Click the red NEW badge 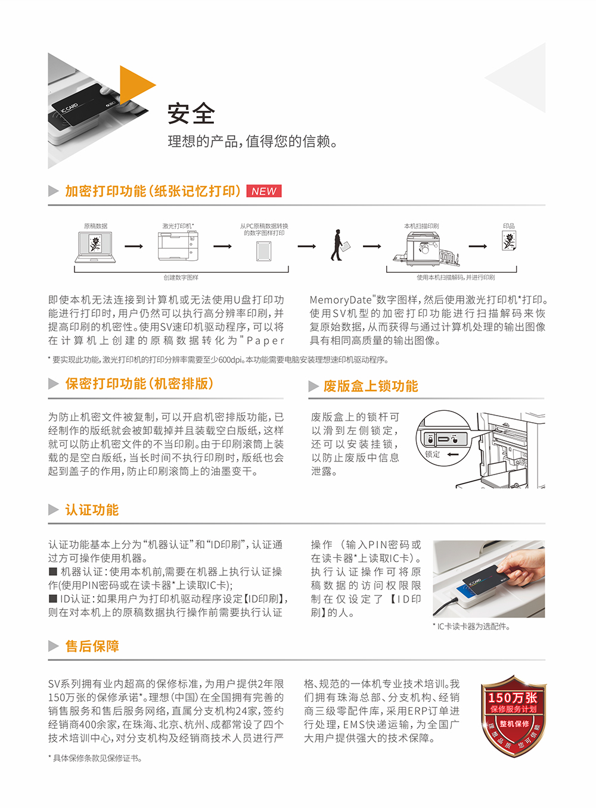coord(264,191)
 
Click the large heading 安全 coord(191,113)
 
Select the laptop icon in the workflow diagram coord(95,247)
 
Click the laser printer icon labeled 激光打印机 coord(178,246)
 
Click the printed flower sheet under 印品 coord(509,241)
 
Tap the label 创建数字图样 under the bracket coord(181,277)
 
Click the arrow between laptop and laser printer coord(134,247)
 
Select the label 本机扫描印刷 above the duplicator coord(421,226)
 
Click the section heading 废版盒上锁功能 coord(370,386)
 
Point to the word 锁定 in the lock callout coord(432,454)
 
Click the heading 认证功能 coord(92,510)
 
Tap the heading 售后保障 coord(92,646)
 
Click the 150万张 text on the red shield coord(513,698)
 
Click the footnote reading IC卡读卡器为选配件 coord(472,626)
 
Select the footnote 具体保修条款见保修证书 coord(95,758)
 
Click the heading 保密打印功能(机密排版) coord(139,383)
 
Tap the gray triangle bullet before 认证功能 coord(54,510)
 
